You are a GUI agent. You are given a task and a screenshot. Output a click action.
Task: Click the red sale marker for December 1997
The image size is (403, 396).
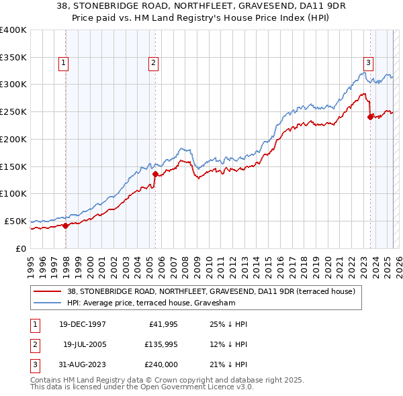click(x=66, y=226)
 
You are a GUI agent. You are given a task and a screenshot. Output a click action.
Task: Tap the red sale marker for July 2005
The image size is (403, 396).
click(x=155, y=174)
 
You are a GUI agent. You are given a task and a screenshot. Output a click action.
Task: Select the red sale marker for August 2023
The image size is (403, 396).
click(x=370, y=117)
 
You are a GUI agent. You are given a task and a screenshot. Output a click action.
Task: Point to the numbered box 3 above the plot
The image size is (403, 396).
click(x=369, y=63)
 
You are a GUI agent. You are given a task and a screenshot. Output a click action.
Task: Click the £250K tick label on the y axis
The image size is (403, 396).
click(x=13, y=111)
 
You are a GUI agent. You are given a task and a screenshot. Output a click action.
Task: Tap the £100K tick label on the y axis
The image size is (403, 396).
click(x=13, y=193)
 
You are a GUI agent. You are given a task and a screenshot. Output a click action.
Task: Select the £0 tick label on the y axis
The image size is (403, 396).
click(x=21, y=248)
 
